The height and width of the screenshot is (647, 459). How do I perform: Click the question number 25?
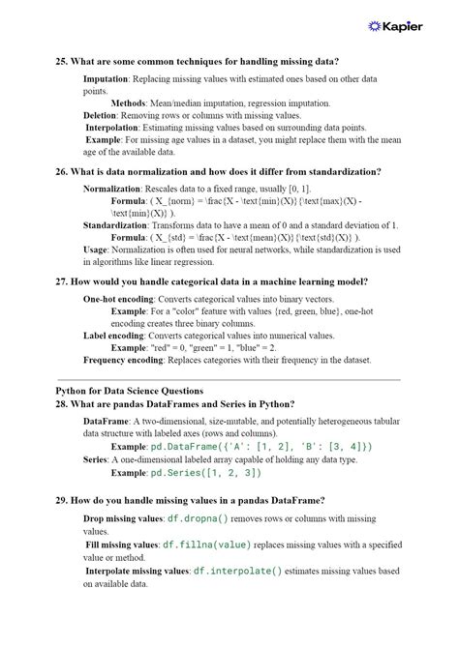[x=61, y=60]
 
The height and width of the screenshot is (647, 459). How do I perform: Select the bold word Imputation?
[x=106, y=79]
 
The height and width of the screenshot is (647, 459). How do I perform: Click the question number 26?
[x=61, y=171]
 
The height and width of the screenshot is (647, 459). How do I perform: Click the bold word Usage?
[x=96, y=250]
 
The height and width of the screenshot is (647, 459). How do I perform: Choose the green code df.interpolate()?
[x=237, y=571]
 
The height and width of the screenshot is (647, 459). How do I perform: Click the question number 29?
[x=61, y=500]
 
